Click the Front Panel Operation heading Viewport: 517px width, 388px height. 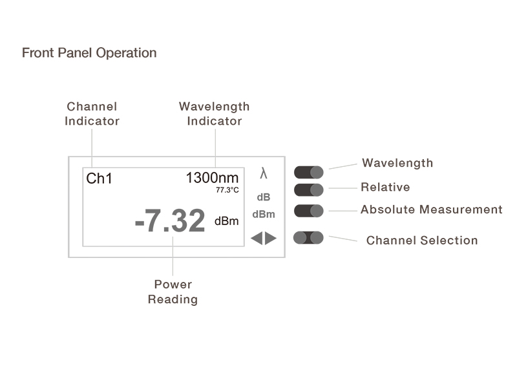coord(89,53)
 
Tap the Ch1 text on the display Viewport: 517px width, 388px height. coord(99,178)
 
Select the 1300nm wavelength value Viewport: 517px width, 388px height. coord(213,178)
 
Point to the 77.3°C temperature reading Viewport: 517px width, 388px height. coord(227,190)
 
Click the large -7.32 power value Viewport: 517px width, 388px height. coord(170,220)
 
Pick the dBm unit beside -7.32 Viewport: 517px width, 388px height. coord(227,221)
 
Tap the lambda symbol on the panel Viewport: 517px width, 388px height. coord(264,173)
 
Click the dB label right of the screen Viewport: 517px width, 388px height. coord(264,197)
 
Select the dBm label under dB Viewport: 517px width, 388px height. coord(264,214)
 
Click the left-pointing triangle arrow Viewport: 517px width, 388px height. coord(257,238)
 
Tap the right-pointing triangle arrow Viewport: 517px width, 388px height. coord(270,238)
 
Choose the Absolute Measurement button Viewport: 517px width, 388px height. coord(309,211)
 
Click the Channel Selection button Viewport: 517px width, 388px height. coord(308,238)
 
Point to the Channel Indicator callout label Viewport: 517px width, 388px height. coord(92,114)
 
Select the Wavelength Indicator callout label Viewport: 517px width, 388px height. coord(215,114)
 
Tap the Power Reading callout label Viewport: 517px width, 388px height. coord(173,292)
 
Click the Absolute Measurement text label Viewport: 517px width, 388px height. coord(431,210)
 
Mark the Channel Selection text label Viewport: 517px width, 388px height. coord(422,241)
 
